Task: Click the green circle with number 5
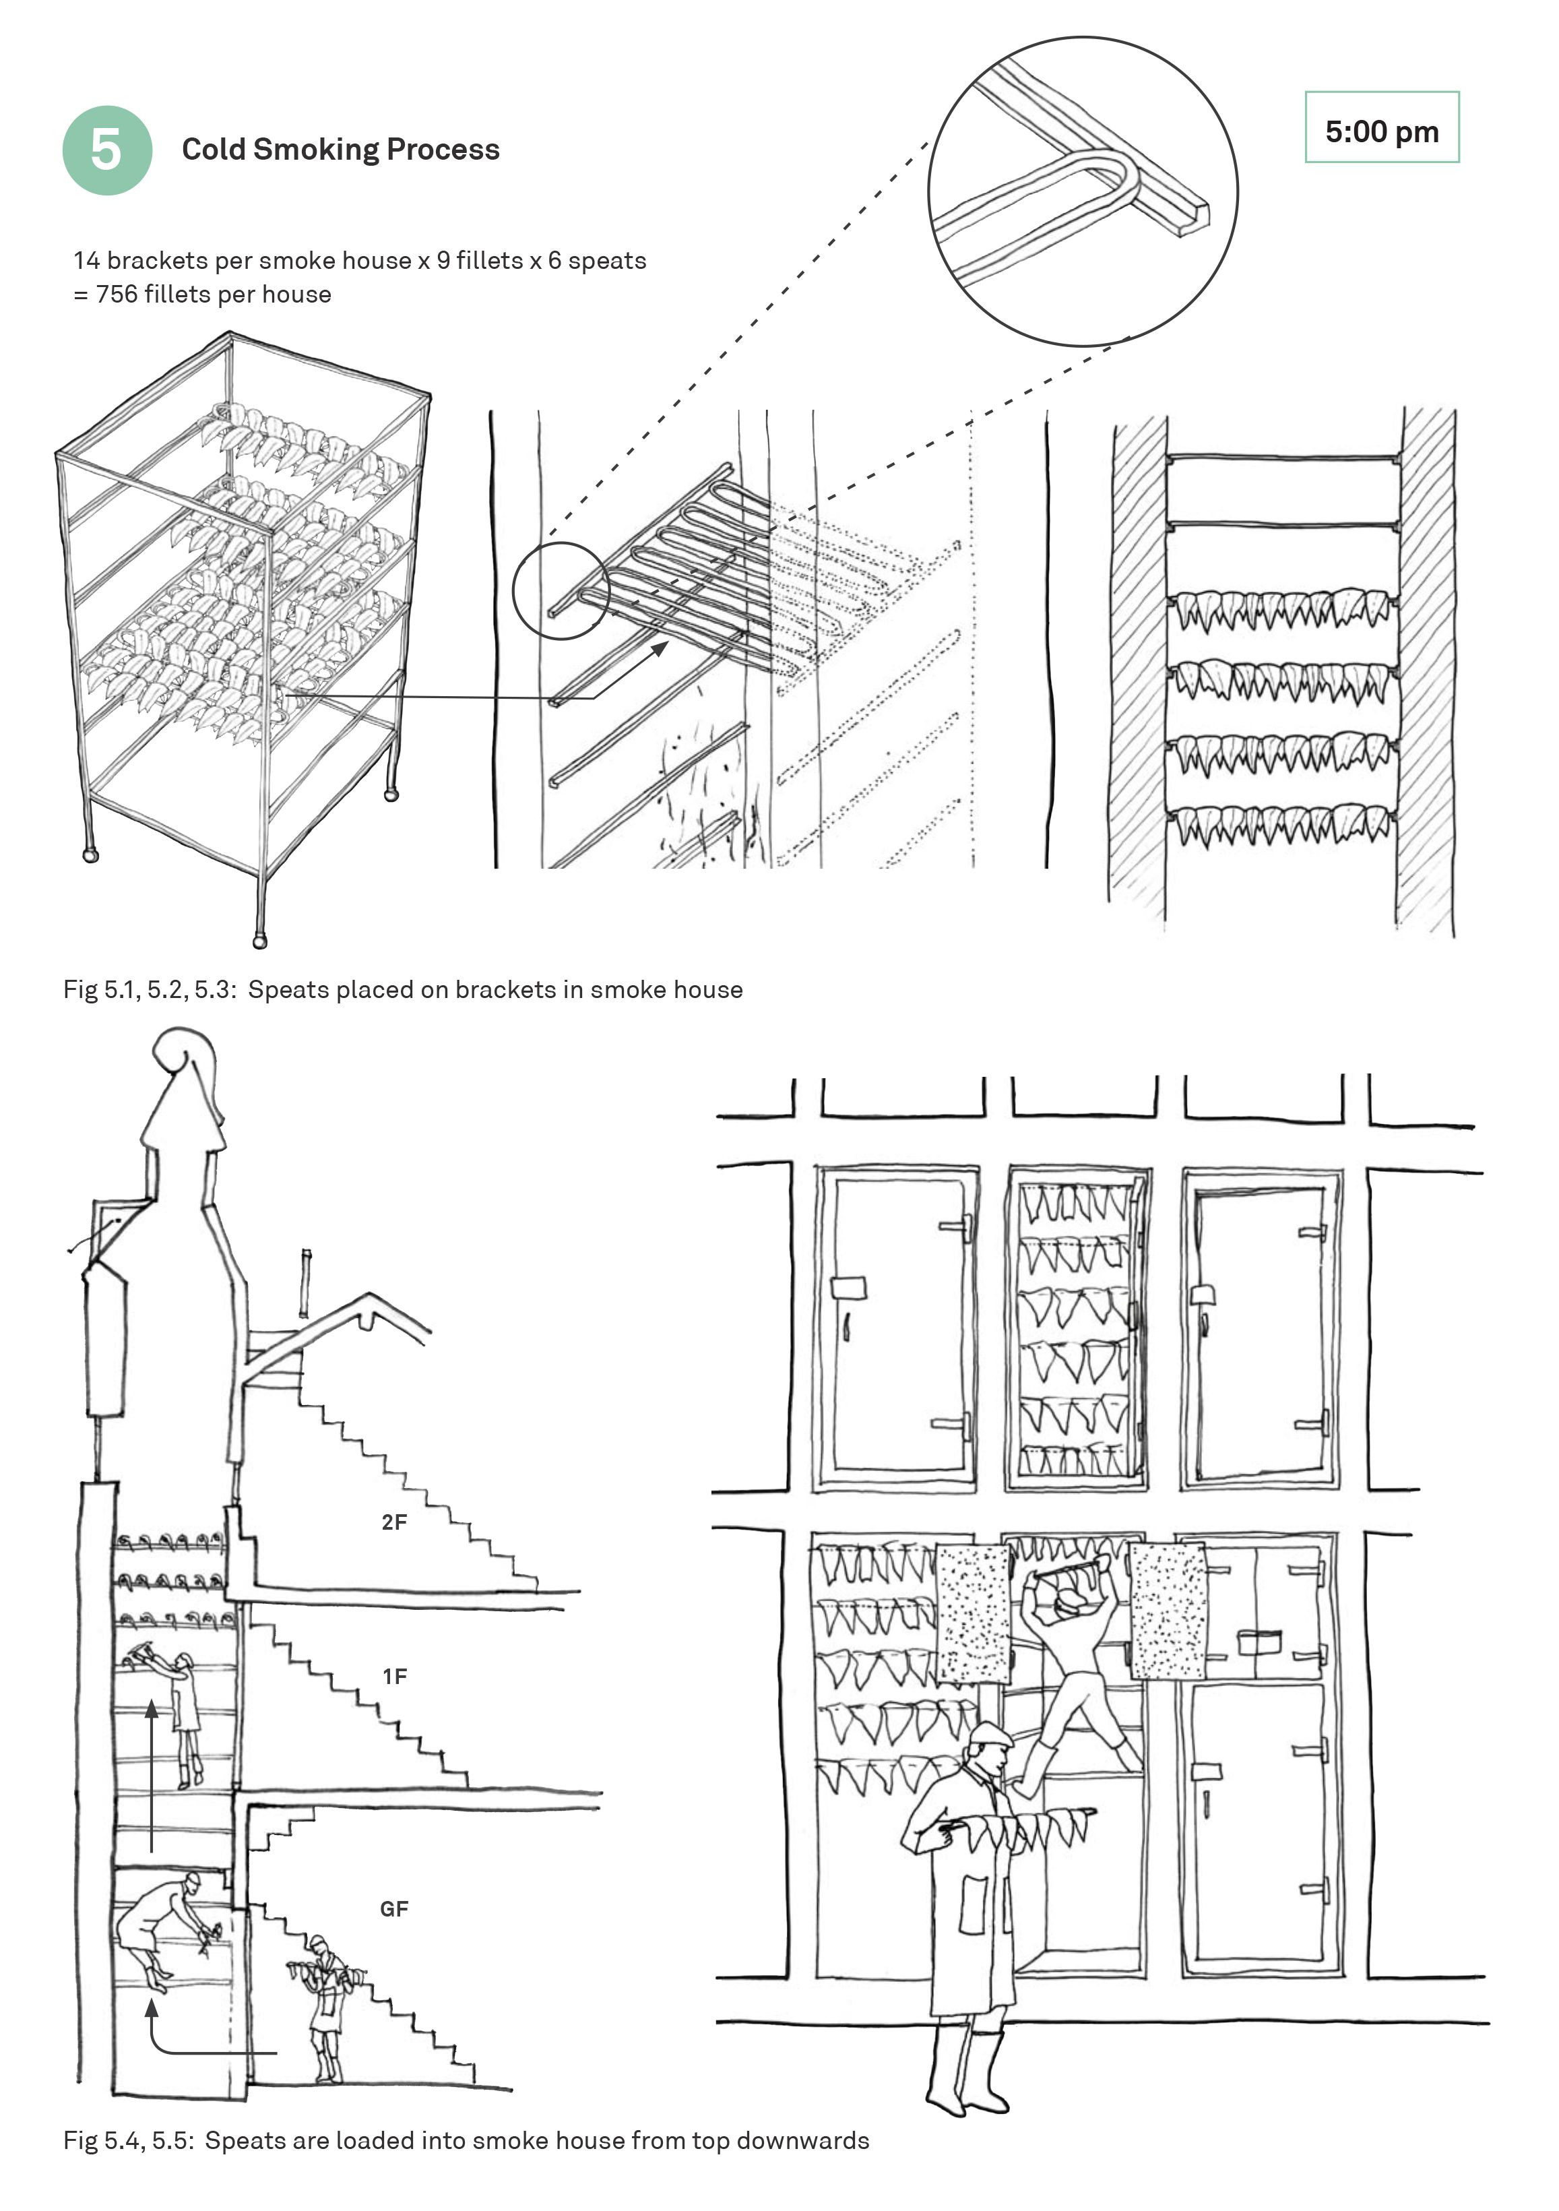click(107, 150)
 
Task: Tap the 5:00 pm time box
click(1381, 128)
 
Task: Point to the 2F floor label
click(394, 1522)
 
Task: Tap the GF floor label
click(394, 1908)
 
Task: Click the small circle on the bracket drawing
click(559, 590)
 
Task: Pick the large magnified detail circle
click(1083, 191)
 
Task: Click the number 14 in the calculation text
click(86, 261)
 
